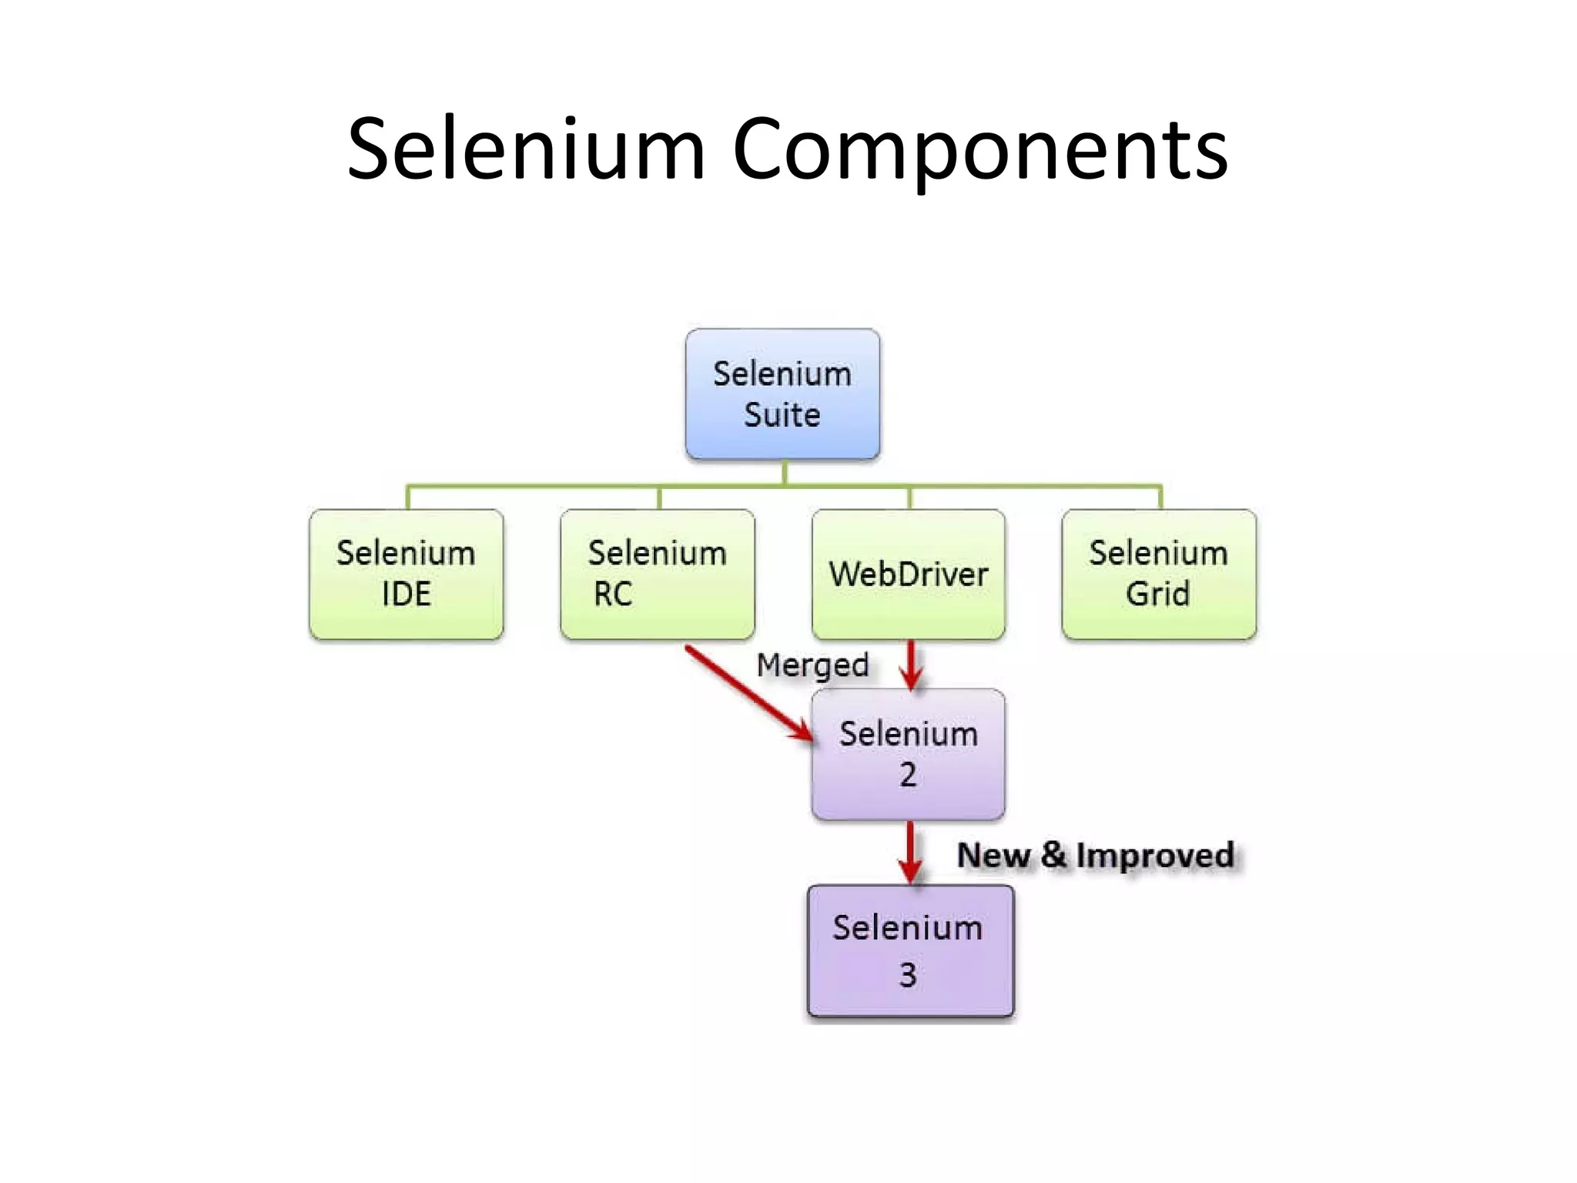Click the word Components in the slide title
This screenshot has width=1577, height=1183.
click(x=979, y=150)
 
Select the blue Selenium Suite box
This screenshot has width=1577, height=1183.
click(x=782, y=394)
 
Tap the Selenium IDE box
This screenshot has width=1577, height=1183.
click(x=407, y=574)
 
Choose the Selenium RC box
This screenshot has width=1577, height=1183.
click(x=658, y=574)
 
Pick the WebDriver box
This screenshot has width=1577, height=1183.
click(x=909, y=574)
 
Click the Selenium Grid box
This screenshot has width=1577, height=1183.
click(x=1159, y=574)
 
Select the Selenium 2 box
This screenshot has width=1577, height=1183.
click(x=909, y=754)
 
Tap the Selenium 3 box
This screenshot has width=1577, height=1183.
click(x=910, y=950)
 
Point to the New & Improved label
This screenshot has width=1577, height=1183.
click(x=1095, y=856)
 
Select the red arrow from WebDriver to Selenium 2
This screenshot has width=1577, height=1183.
click(x=911, y=664)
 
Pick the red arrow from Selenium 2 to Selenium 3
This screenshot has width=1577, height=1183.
click(x=910, y=851)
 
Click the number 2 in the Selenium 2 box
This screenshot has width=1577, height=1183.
click(x=909, y=775)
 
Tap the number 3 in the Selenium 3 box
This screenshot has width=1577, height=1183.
click(x=909, y=975)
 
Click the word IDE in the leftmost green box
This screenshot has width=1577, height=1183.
click(x=407, y=595)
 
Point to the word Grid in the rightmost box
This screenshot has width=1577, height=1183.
click(x=1158, y=595)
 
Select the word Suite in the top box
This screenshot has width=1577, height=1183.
click(x=782, y=415)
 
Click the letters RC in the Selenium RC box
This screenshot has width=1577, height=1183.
click(x=613, y=595)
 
